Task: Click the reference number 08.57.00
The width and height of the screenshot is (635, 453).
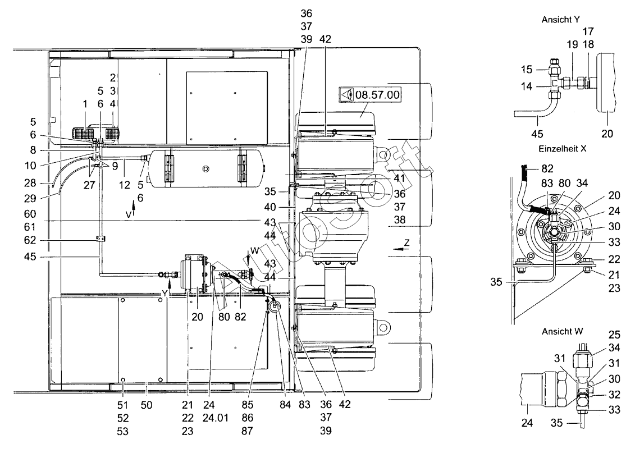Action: [x=377, y=95]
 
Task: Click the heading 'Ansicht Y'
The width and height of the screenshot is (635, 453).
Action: [x=560, y=20]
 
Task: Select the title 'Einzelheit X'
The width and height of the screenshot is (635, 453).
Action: [x=562, y=149]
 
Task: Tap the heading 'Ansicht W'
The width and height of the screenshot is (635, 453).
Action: [x=563, y=332]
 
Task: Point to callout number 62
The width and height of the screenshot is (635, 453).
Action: [x=30, y=240]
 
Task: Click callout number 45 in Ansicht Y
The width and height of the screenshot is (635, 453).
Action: [x=537, y=134]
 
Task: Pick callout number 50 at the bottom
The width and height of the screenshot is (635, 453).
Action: [x=146, y=405]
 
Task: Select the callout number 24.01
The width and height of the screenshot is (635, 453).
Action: [x=216, y=418]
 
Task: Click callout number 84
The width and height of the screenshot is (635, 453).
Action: [x=286, y=405]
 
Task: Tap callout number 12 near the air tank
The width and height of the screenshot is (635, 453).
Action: [x=124, y=185]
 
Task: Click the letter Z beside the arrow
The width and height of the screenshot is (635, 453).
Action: [x=406, y=243]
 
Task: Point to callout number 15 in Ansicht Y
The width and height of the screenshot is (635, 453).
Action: [x=527, y=70]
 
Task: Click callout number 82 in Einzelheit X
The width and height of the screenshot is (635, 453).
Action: [x=547, y=168]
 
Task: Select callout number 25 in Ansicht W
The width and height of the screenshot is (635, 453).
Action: [x=614, y=335]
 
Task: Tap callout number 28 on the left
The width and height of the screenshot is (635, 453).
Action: [x=30, y=183]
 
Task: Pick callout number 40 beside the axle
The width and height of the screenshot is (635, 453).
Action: [x=269, y=207]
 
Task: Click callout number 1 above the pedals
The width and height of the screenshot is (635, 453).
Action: [x=85, y=104]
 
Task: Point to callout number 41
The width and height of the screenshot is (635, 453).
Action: [x=399, y=178]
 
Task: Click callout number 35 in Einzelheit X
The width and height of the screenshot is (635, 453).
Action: [x=496, y=282]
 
